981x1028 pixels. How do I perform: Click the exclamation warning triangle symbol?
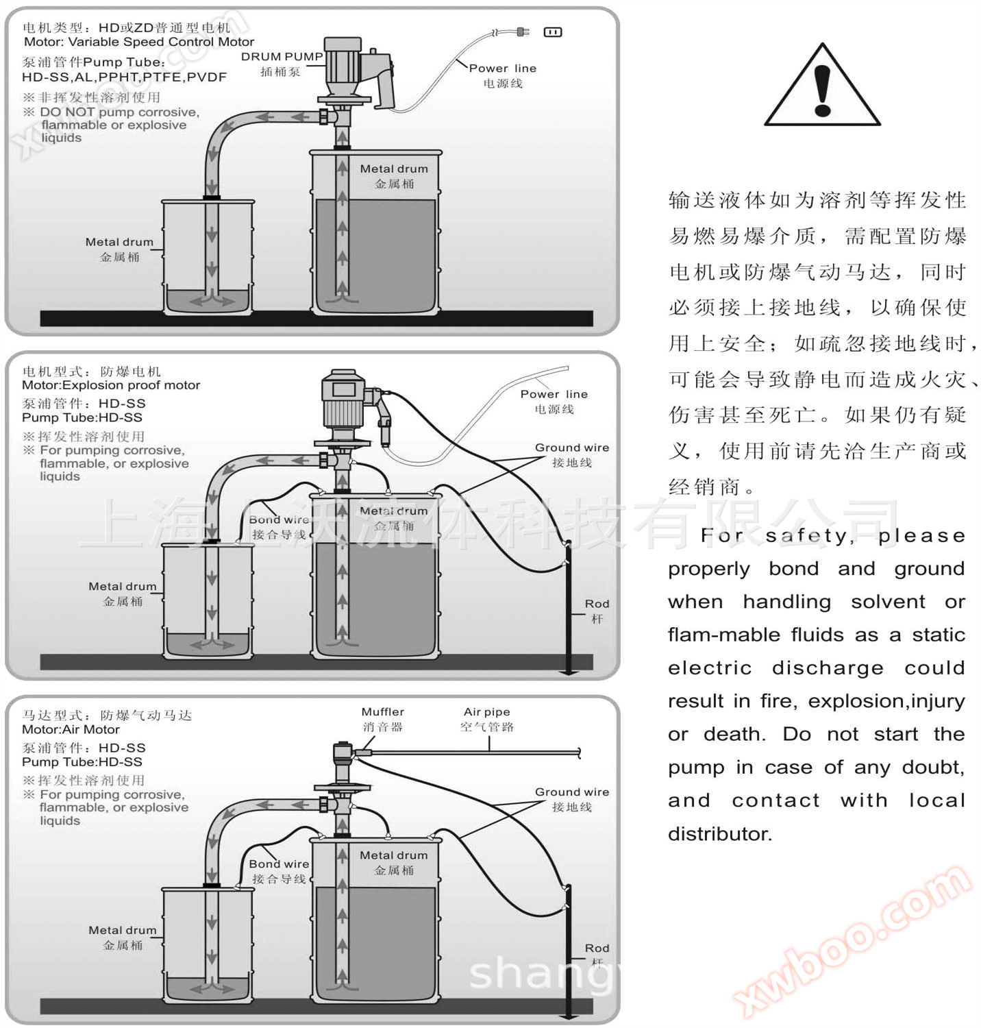click(822, 87)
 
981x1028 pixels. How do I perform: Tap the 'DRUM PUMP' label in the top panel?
click(282, 57)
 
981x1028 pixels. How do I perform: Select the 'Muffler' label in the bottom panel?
click(382, 712)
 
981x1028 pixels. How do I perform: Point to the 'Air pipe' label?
click(486, 712)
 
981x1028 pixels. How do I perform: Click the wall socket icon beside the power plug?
click(552, 32)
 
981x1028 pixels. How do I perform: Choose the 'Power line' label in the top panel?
click(502, 69)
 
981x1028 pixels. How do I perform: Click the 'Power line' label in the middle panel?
click(554, 394)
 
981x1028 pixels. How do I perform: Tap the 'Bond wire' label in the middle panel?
click(279, 519)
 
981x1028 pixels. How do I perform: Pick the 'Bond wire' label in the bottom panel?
click(279, 864)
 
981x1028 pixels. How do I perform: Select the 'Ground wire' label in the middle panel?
click(572, 448)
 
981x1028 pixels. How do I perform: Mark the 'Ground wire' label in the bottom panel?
click(572, 792)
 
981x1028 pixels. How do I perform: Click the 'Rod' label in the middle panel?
click(597, 604)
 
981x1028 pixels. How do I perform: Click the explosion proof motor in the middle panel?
click(346, 401)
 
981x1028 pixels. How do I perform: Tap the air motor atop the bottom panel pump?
click(342, 757)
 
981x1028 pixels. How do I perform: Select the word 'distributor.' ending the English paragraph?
click(720, 834)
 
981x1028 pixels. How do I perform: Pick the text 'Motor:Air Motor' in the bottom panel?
click(71, 730)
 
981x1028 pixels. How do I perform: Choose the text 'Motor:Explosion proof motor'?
click(111, 385)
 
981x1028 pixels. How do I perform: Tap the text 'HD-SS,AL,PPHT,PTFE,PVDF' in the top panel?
click(124, 77)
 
